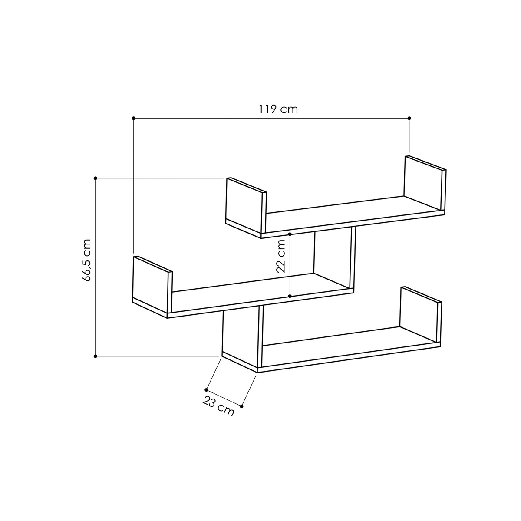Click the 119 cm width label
pos(278,109)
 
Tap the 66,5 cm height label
pos(87,260)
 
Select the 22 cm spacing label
pos(280,256)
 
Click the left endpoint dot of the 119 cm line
pos(133,118)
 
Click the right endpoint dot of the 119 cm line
pos(409,118)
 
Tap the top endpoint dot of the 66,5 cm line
pos(95,178)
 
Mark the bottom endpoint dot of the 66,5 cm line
pos(95,356)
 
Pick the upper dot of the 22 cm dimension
pos(290,234)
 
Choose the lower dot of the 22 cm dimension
pos(290,296)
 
